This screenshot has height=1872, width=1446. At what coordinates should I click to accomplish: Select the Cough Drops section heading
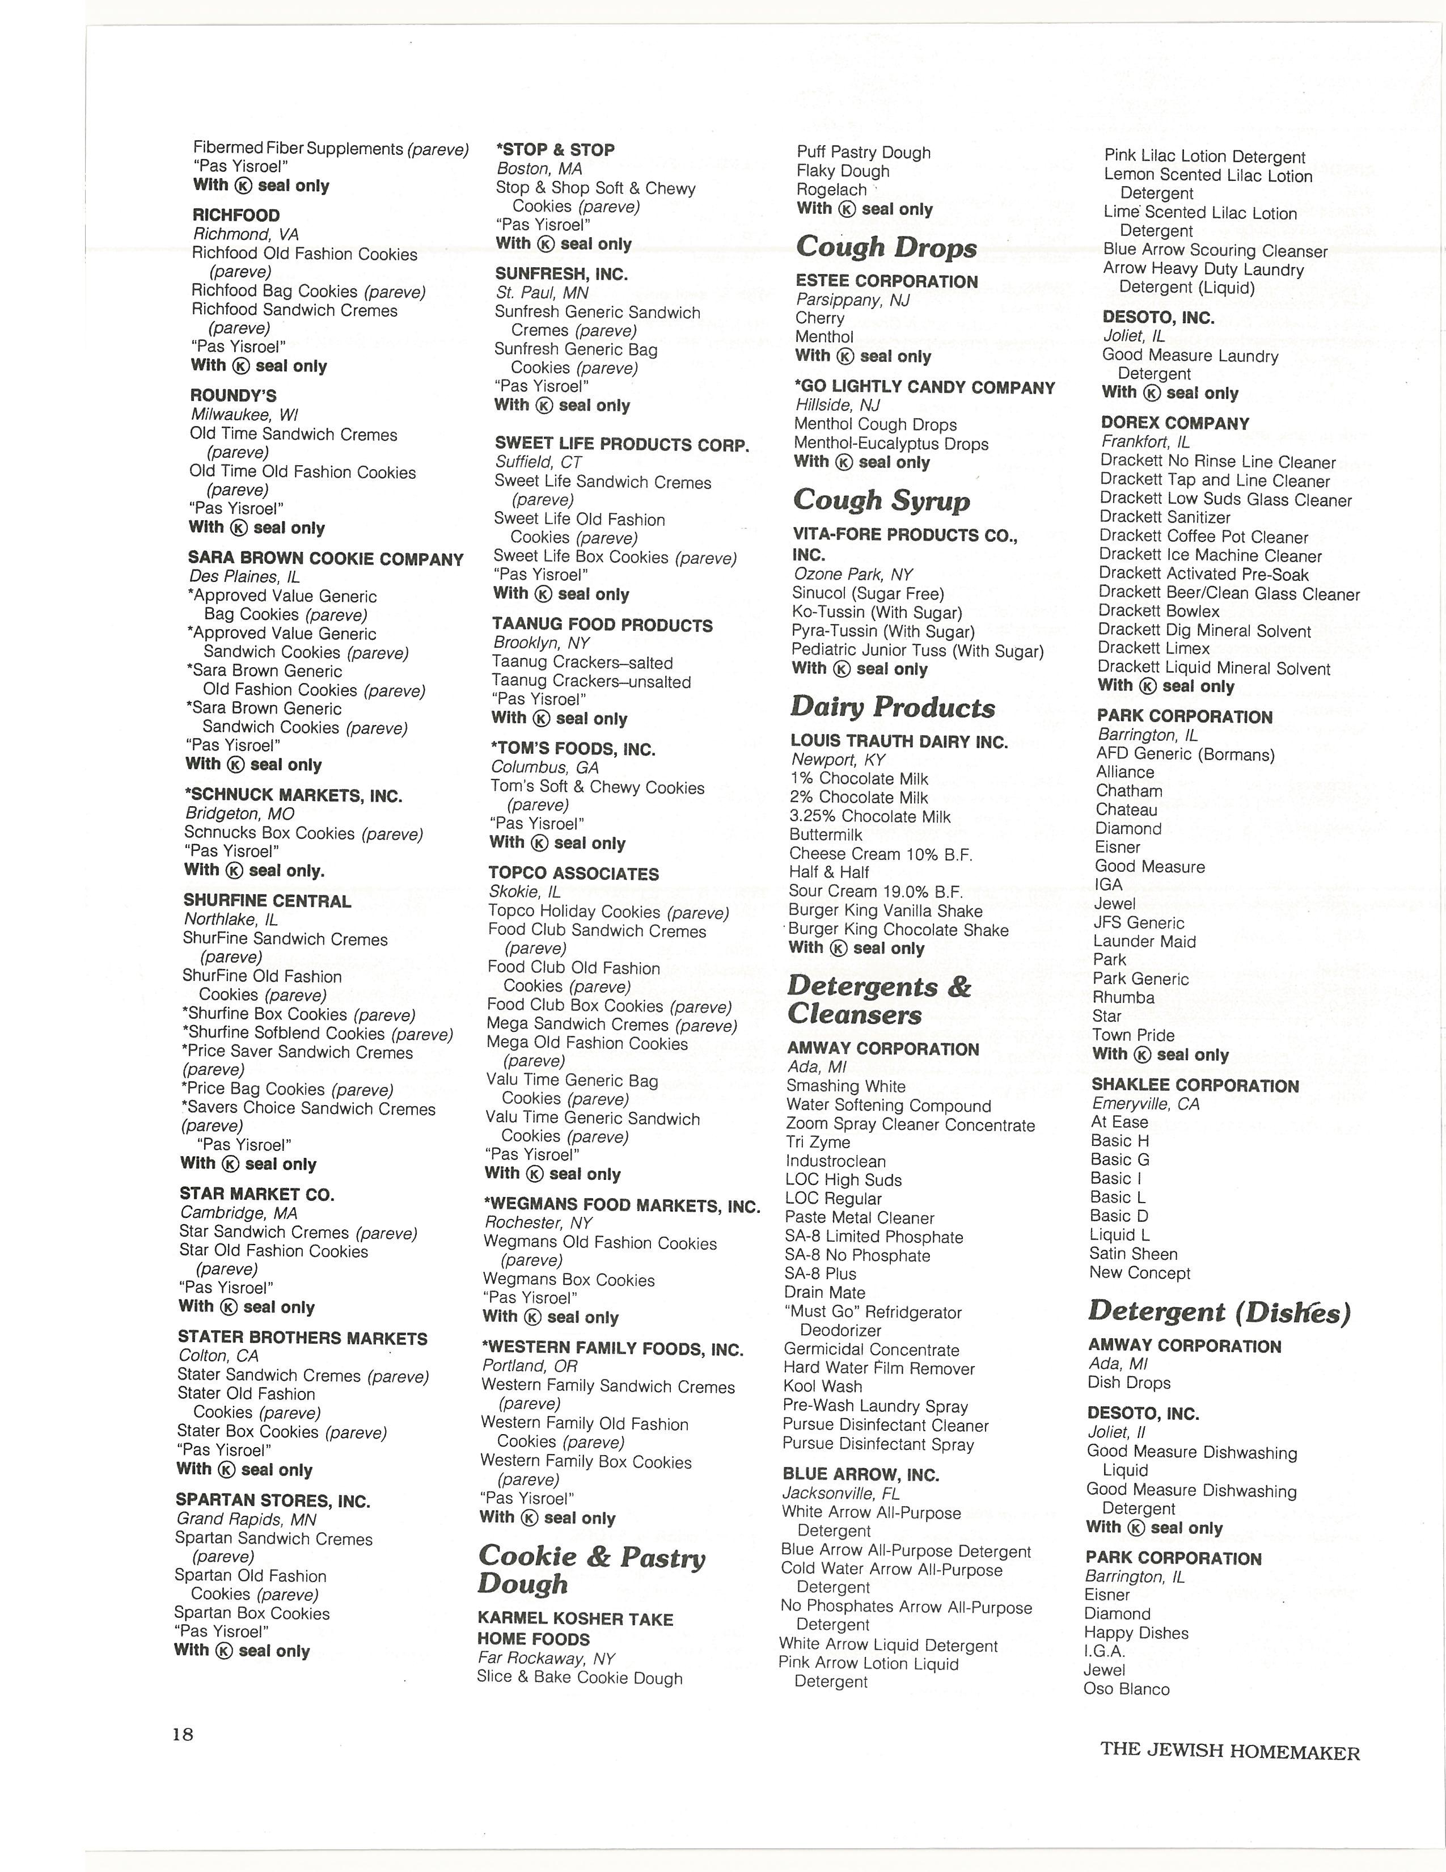886,247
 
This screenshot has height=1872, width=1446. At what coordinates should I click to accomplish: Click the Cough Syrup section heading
881,500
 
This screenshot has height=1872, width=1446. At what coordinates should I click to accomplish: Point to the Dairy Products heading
892,707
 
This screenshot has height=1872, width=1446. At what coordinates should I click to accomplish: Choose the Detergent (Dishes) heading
1219,1312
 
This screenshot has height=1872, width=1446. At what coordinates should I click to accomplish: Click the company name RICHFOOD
235,215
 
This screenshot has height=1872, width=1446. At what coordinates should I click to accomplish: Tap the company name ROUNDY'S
233,395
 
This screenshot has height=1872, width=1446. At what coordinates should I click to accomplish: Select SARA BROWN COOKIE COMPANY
325,559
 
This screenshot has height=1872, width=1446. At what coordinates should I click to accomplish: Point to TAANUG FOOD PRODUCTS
602,625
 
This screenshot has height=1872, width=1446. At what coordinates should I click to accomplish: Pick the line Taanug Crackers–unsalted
591,681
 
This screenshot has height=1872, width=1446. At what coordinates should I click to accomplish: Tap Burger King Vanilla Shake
885,910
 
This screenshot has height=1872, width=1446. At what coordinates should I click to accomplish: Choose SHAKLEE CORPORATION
1195,1085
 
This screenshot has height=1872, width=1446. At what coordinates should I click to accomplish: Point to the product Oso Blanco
1127,1689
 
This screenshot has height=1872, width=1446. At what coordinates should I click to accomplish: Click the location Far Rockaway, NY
546,1658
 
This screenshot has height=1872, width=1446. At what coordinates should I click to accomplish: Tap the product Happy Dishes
1136,1632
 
